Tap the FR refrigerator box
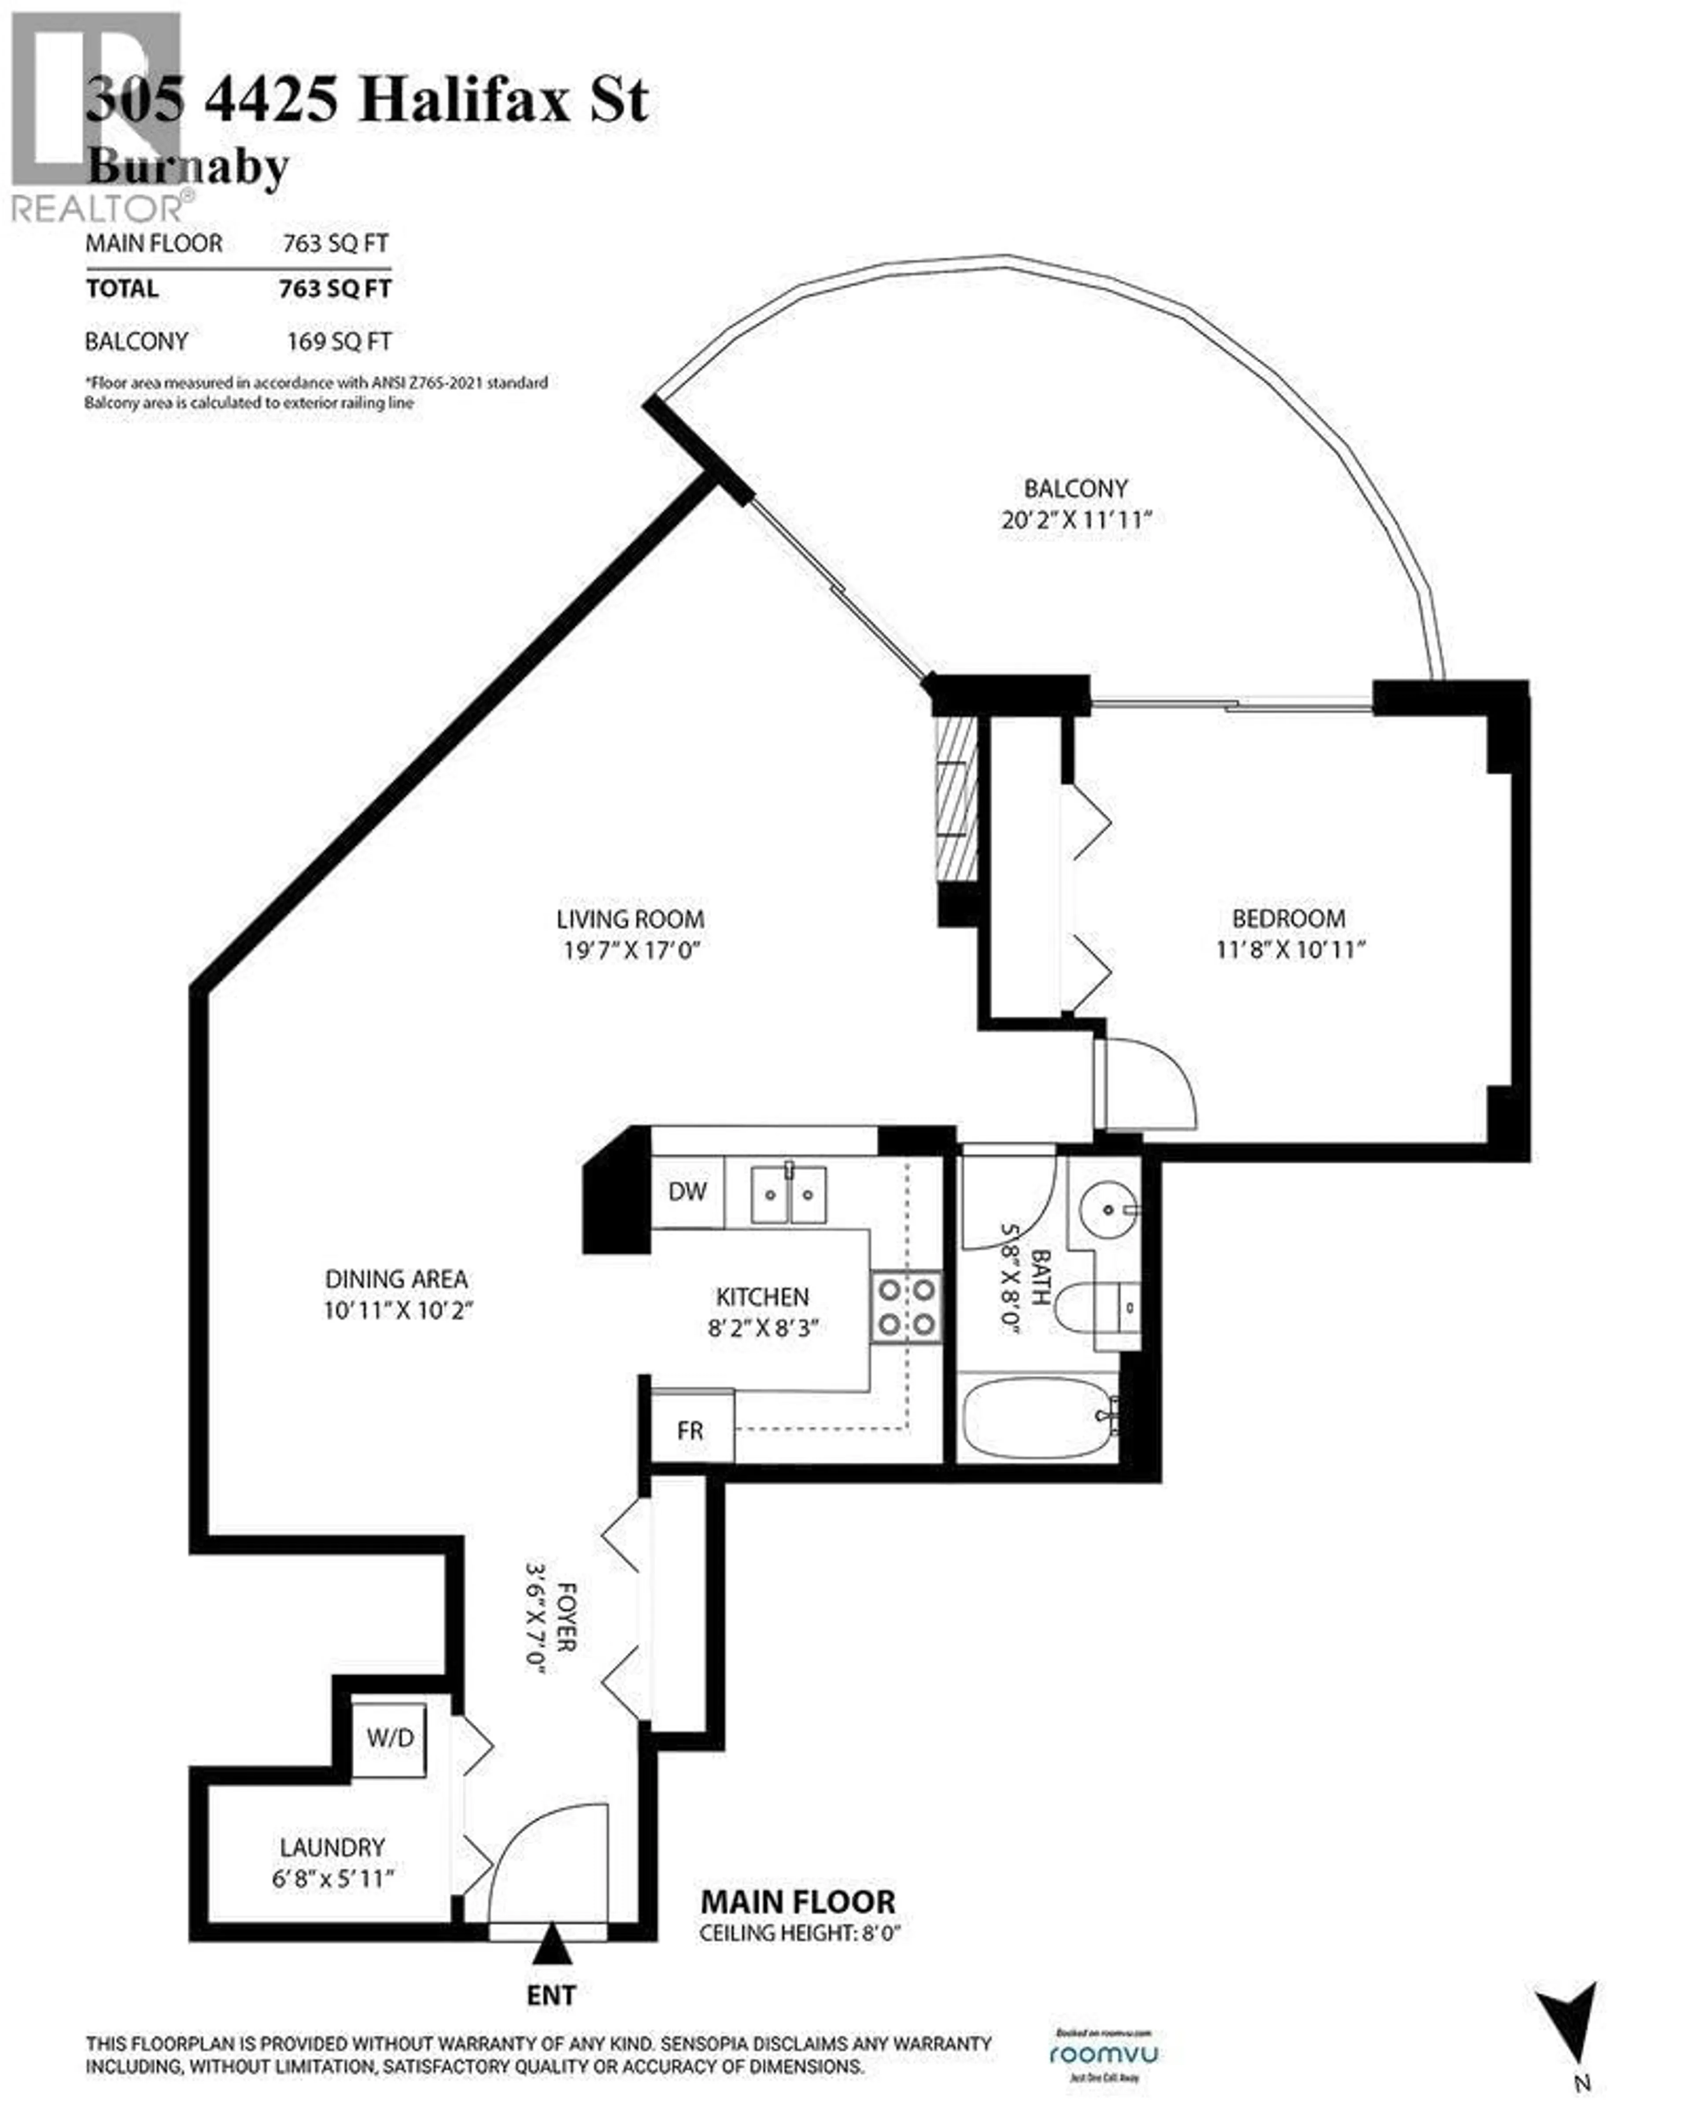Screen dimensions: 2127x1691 pyautogui.click(x=690, y=1429)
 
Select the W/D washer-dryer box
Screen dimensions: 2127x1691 pyautogui.click(x=390, y=1737)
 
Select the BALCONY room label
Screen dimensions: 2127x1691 pyautogui.click(x=1075, y=488)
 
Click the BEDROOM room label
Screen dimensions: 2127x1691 pyautogui.click(x=1289, y=918)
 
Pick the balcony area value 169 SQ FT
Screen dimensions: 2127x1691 pyautogui.click(x=338, y=341)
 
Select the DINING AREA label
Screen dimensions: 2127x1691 pyautogui.click(x=397, y=1279)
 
